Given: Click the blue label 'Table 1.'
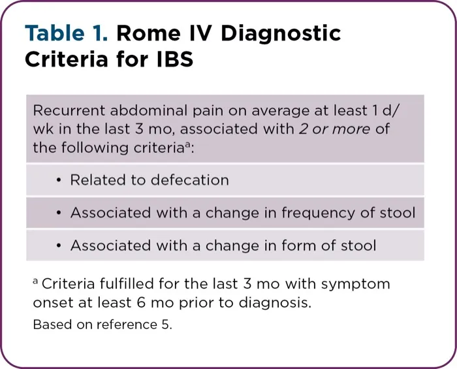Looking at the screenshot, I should pos(66,33).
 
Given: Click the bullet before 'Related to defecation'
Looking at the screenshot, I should pos(58,180).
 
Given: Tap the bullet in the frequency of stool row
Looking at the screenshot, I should pos(58,213).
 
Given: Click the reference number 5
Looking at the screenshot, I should pos(167,325).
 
